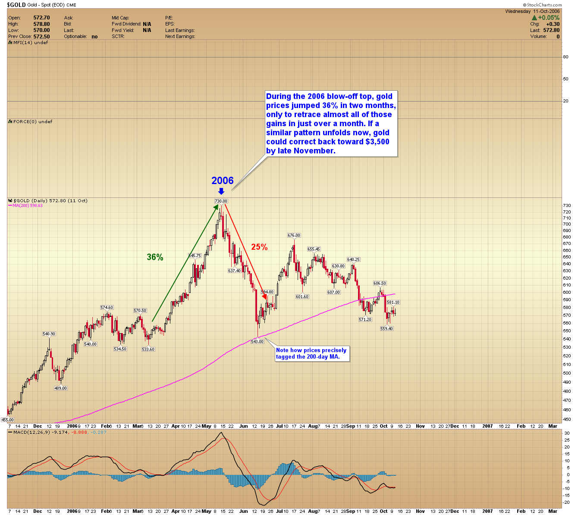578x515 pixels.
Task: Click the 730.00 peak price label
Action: coord(221,201)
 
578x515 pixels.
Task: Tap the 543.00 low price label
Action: coord(257,342)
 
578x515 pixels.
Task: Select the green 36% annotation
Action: coord(155,257)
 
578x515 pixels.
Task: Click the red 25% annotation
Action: coord(259,247)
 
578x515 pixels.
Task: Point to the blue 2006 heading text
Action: coord(222,181)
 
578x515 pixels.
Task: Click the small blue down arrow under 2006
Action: coord(221,191)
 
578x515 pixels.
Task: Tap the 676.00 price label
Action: coord(294,235)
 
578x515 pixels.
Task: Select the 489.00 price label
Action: coord(60,388)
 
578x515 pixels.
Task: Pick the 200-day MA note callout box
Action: coord(311,353)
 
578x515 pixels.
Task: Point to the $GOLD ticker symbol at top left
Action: coord(16,5)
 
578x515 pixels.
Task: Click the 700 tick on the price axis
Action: coord(566,225)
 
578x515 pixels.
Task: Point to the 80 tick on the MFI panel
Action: coord(565,57)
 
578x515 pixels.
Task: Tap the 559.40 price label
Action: coord(386,329)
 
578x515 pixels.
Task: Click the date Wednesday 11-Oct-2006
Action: coord(532,12)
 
